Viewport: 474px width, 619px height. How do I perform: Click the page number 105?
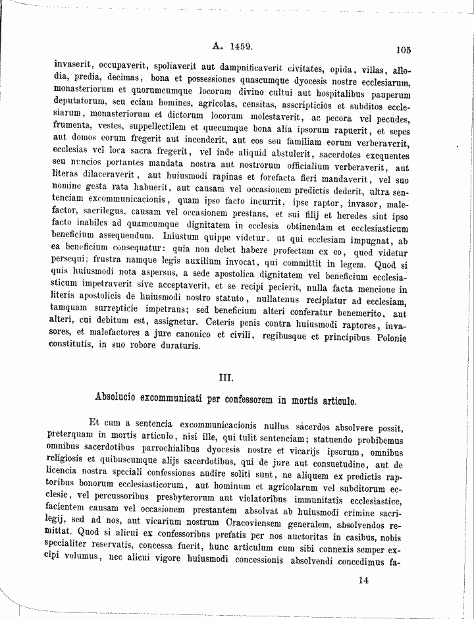pyautogui.click(x=404, y=49)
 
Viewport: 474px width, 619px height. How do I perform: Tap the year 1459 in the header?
pyautogui.click(x=241, y=47)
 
